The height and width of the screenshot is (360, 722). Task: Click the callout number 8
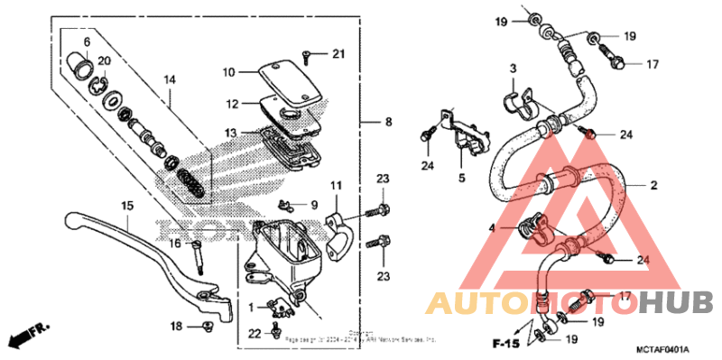click(x=389, y=122)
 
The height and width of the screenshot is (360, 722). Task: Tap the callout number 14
click(x=168, y=79)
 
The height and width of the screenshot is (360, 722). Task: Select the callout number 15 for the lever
click(x=126, y=207)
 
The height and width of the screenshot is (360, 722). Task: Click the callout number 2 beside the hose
click(x=653, y=185)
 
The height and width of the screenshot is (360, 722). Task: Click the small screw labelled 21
click(x=308, y=57)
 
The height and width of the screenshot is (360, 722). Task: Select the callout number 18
click(x=176, y=325)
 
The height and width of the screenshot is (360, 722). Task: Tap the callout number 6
click(x=88, y=42)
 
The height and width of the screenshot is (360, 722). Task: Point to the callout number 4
click(x=492, y=229)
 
